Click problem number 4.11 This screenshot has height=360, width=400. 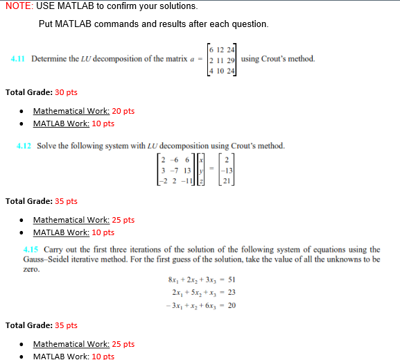coord(17,59)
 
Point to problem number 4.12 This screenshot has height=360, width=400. coord(24,146)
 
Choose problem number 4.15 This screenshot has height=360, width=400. coord(31,250)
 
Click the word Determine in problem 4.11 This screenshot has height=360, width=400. coord(51,59)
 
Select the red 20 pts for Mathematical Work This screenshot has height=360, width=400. coord(123,111)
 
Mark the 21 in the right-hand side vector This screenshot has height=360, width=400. coord(225,182)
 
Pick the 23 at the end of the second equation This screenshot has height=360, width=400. coord(232,293)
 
